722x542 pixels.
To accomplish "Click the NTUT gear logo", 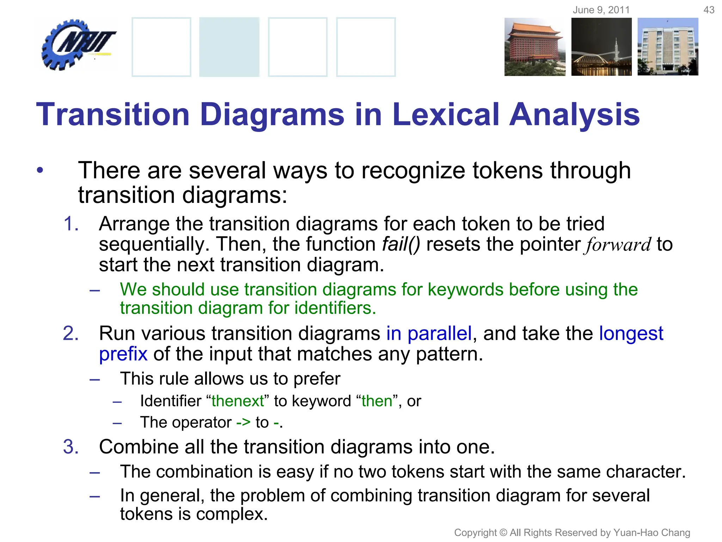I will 78,45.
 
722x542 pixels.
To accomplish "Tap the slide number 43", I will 709,10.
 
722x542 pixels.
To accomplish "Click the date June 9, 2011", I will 601,10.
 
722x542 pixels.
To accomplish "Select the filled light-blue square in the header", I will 229,47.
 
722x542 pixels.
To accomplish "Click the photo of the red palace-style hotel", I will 534,47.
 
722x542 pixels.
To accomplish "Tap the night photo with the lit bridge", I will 601,47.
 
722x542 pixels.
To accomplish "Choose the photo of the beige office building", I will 668,47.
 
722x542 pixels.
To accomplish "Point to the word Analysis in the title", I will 575,115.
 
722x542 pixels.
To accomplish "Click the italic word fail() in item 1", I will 401,244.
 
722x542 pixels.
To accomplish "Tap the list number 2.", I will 71,333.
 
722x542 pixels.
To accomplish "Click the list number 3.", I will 71,447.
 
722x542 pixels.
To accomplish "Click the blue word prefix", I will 123,354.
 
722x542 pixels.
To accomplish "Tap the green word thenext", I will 238,401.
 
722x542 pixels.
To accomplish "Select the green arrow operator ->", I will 243,422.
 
